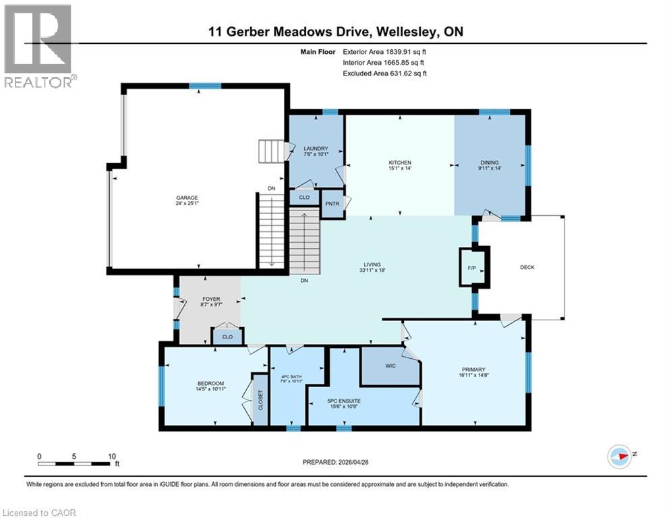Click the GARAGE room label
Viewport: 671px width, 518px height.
pyautogui.click(x=187, y=198)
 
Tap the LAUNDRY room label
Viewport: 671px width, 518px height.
pyautogui.click(x=316, y=149)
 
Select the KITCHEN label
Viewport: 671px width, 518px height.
pyautogui.click(x=400, y=163)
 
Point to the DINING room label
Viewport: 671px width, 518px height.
pyautogui.click(x=490, y=163)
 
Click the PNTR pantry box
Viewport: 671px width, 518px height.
pyautogui.click(x=331, y=203)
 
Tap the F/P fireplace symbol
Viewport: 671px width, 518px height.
pyautogui.click(x=471, y=268)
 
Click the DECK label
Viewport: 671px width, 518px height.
pyautogui.click(x=527, y=268)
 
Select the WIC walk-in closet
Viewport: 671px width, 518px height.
pyautogui.click(x=390, y=366)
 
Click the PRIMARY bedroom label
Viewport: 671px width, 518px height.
pyautogui.click(x=473, y=369)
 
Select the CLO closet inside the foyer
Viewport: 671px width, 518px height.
pyautogui.click(x=227, y=337)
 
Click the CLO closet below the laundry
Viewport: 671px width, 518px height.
pyautogui.click(x=304, y=197)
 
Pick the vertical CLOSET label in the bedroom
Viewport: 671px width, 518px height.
pyautogui.click(x=260, y=401)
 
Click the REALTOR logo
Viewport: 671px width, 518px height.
pyautogui.click(x=39, y=46)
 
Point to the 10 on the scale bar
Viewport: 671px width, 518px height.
pyautogui.click(x=112, y=455)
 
